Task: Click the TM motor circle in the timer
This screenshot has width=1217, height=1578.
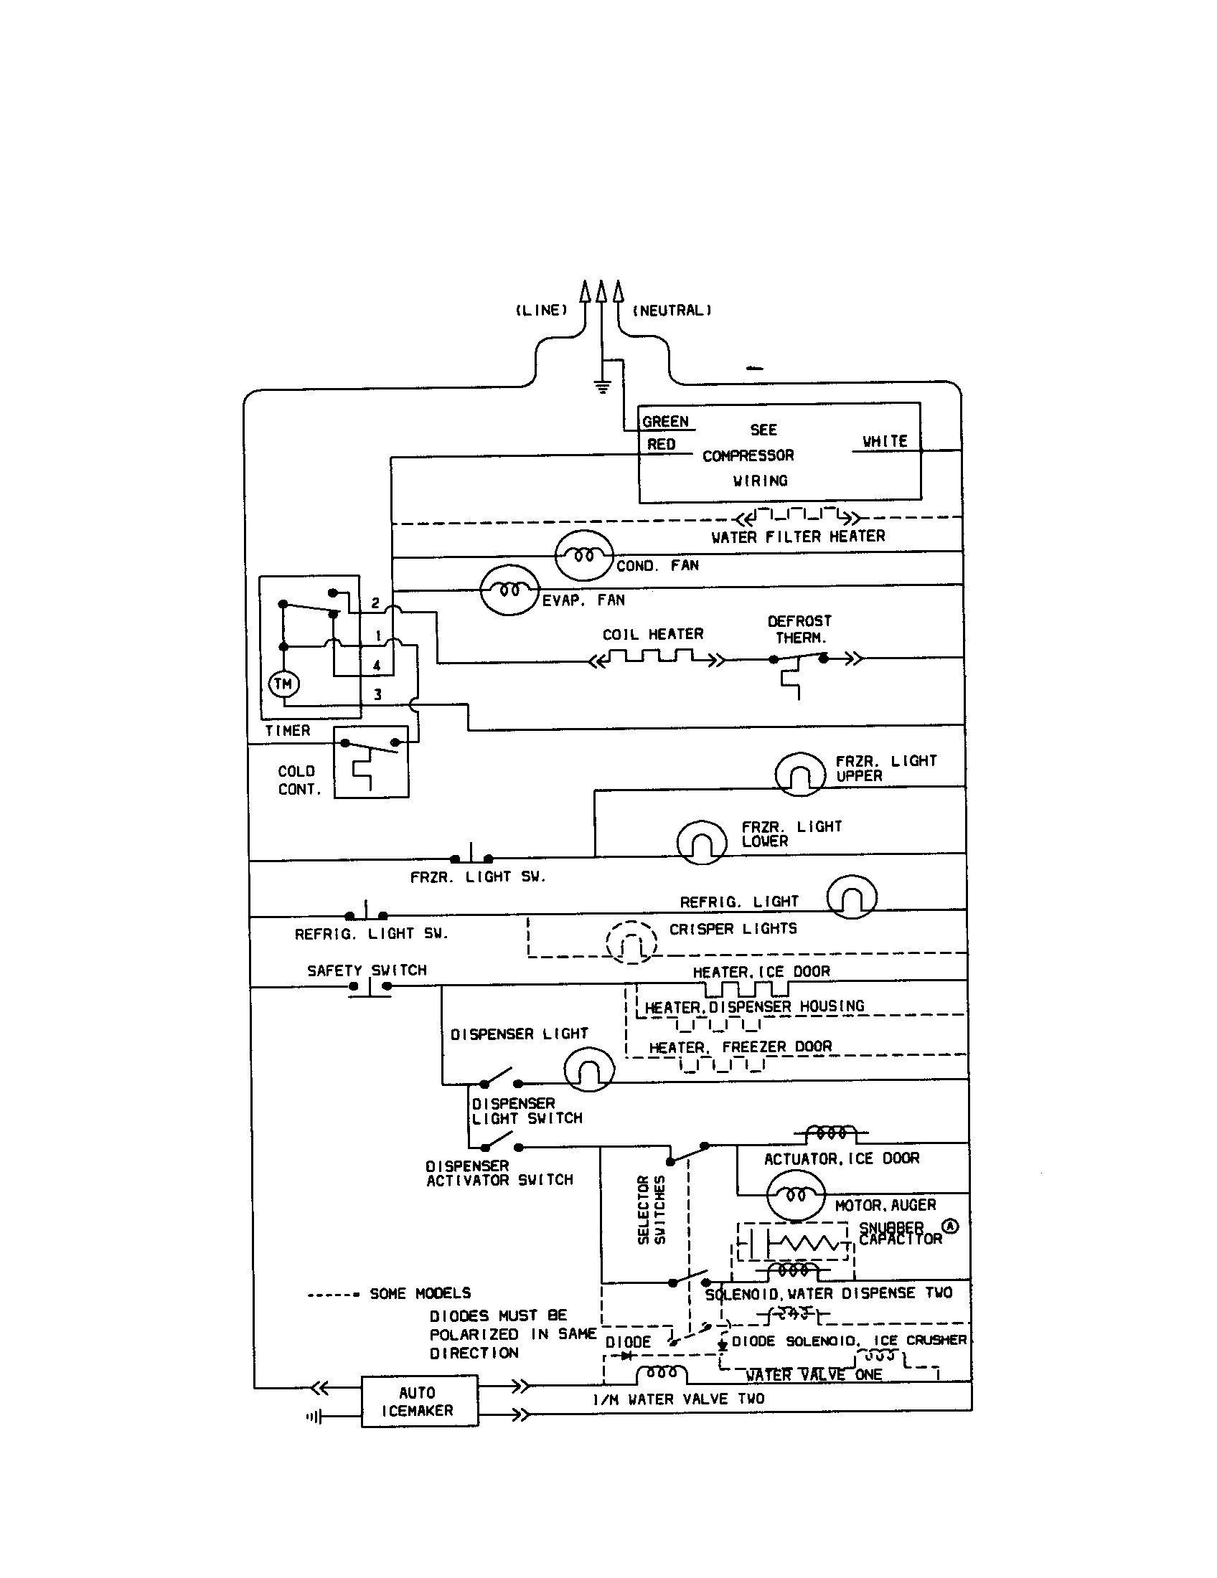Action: [283, 684]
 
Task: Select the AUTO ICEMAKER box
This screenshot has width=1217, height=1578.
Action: [419, 1401]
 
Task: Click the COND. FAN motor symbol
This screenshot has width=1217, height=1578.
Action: [584, 556]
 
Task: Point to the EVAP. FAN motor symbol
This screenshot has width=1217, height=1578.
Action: [509, 590]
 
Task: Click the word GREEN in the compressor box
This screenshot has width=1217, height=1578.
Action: [665, 422]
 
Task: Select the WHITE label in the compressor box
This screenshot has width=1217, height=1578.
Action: [885, 440]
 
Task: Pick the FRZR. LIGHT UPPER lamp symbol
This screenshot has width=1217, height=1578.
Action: [799, 775]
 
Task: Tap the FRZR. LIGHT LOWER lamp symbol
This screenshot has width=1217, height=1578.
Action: [701, 843]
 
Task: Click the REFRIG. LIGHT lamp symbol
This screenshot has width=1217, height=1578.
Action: [851, 897]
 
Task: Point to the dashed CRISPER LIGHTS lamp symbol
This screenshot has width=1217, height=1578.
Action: [631, 942]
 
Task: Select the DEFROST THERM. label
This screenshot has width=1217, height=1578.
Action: [799, 629]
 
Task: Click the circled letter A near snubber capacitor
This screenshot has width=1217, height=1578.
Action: [950, 1226]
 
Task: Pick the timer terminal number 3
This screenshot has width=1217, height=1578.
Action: [377, 694]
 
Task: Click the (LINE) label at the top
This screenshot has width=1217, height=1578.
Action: [541, 310]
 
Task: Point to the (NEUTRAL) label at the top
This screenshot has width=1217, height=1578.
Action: [672, 311]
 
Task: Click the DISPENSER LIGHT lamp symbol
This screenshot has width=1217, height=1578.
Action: [588, 1070]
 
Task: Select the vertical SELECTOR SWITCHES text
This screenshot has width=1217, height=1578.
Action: [651, 1210]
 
